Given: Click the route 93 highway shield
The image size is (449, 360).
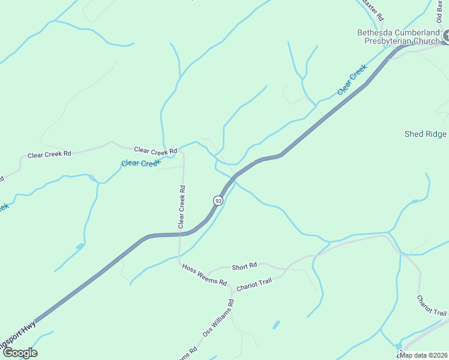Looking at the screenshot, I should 218,200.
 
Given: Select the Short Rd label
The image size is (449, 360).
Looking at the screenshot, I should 244,265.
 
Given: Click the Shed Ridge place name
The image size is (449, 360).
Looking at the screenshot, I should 426,134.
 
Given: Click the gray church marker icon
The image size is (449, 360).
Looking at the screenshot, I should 446,37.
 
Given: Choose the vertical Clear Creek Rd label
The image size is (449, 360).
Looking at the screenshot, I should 181,206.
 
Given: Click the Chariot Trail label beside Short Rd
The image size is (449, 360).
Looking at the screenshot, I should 254,285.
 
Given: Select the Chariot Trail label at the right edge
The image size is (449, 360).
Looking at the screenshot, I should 432,305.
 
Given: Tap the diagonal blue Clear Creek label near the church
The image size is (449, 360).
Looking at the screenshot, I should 352,80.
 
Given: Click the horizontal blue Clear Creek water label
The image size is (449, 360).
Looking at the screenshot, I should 140,163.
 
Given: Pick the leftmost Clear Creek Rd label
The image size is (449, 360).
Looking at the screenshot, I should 49,154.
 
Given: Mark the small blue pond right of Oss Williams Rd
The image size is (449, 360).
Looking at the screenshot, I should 276,325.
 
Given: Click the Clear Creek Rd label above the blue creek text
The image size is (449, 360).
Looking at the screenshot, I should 155,150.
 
